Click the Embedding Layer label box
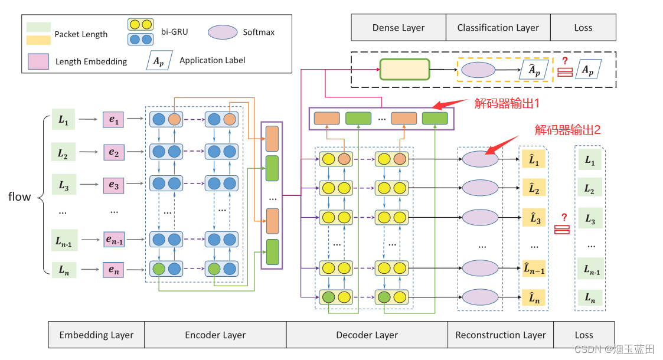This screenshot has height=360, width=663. [x=96, y=335]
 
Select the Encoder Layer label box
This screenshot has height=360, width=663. [x=215, y=335]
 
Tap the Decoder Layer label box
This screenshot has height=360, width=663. [x=367, y=335]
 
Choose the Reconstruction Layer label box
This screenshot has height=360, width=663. [x=501, y=335]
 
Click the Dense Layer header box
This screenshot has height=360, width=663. [x=398, y=28]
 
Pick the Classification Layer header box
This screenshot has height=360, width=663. [x=498, y=28]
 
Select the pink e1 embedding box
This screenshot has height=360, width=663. [x=113, y=120]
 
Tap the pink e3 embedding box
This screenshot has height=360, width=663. [x=113, y=186]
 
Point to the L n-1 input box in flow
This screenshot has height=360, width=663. [x=64, y=240]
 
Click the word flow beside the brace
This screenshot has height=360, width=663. [x=19, y=197]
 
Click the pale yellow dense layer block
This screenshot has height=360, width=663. [x=405, y=70]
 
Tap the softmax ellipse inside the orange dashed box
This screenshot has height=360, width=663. [x=478, y=70]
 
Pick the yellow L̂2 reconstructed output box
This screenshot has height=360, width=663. [x=533, y=189]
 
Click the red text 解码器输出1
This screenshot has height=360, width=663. [x=507, y=103]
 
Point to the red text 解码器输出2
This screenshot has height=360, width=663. [x=567, y=130]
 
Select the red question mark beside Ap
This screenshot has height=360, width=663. [x=564, y=61]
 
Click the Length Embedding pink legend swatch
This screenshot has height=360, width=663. [x=38, y=61]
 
